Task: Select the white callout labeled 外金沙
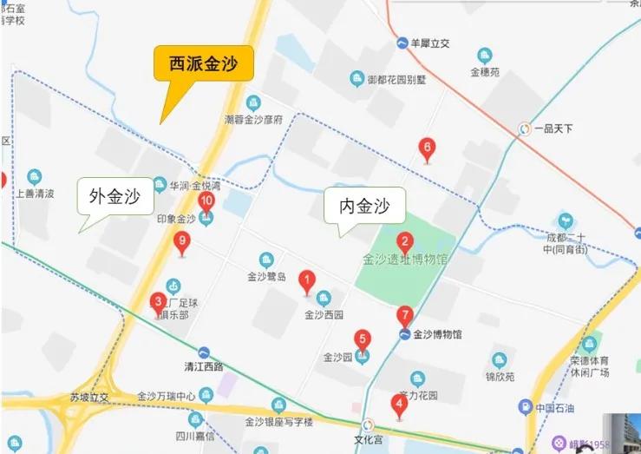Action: point(115,197)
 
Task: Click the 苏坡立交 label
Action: point(89,398)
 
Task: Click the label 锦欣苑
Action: point(500,378)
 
